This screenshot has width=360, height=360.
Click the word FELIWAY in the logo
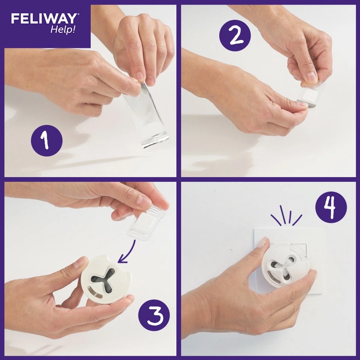[43, 19]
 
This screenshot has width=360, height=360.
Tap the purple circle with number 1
[46, 140]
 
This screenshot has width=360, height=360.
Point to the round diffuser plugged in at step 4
[283, 264]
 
